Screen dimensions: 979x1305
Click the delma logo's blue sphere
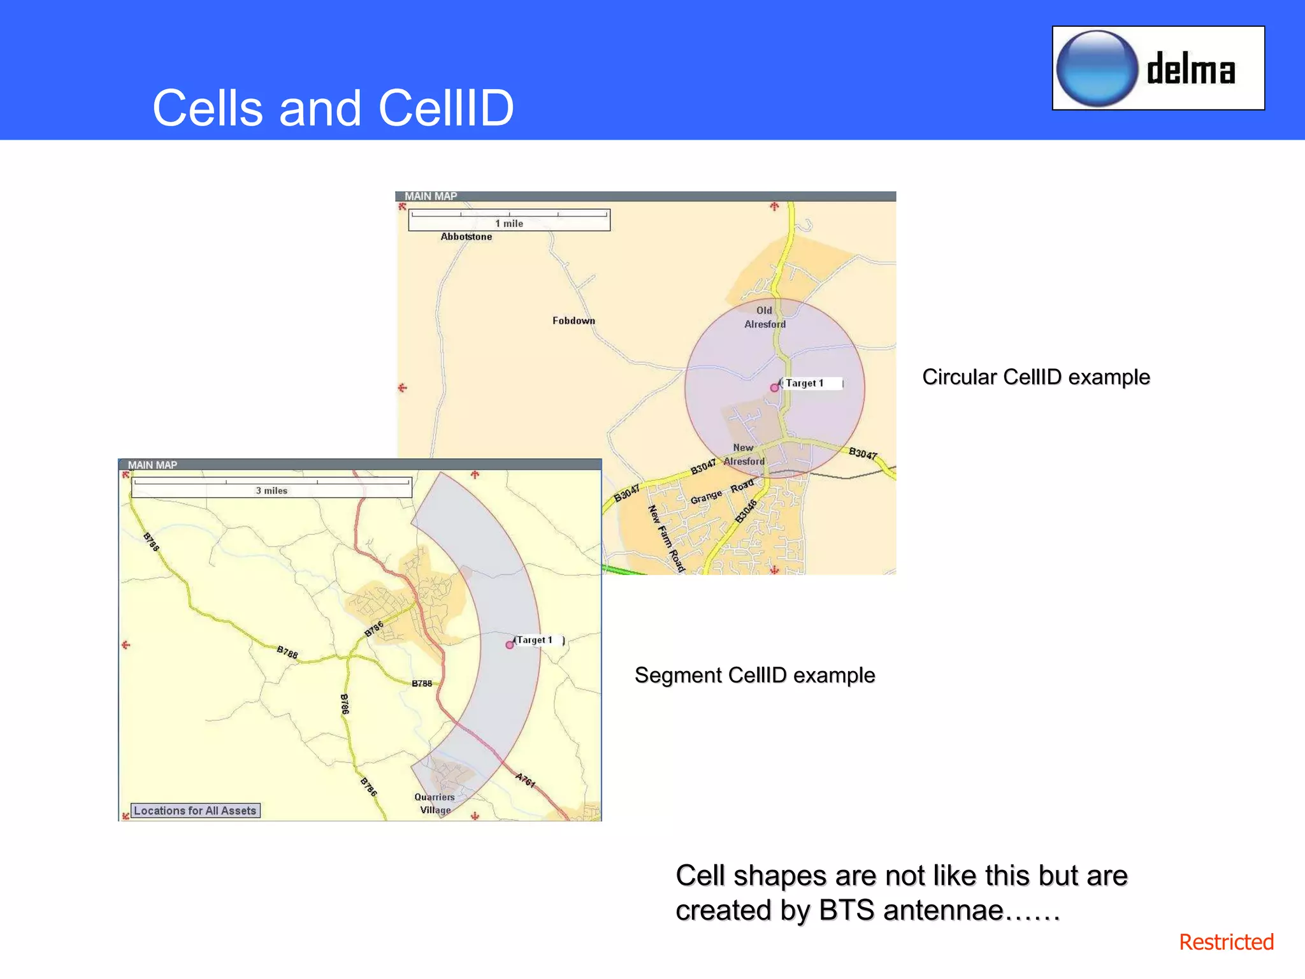click(1097, 69)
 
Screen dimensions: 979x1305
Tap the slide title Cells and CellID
click(333, 108)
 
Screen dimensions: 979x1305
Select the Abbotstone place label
click(466, 236)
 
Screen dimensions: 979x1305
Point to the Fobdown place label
click(573, 321)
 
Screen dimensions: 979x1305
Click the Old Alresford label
click(765, 317)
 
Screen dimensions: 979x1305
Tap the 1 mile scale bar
click(508, 220)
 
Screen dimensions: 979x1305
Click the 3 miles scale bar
click(271, 488)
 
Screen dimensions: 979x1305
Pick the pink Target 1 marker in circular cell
click(774, 388)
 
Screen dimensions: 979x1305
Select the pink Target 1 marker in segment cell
click(509, 645)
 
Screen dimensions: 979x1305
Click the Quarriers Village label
click(435, 804)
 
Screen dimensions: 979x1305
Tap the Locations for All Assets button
click(195, 811)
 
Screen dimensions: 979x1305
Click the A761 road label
click(525, 780)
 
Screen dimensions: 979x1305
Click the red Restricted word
click(1225, 942)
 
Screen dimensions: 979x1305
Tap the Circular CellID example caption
click(1035, 377)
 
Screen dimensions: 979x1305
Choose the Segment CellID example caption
click(754, 675)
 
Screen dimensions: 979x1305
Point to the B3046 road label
click(746, 511)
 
